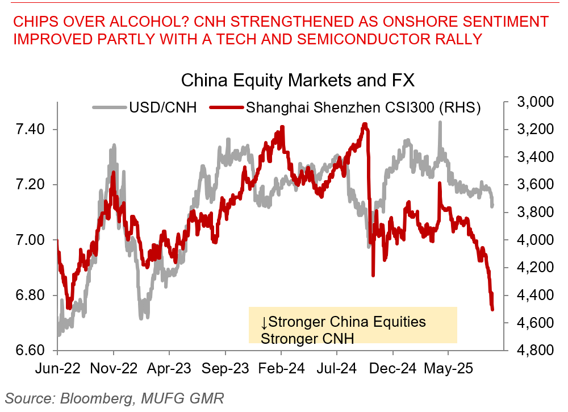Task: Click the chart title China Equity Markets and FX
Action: click(298, 80)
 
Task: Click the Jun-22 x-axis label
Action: click(59, 369)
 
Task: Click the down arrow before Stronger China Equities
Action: click(264, 322)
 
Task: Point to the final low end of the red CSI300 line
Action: click(492, 309)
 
